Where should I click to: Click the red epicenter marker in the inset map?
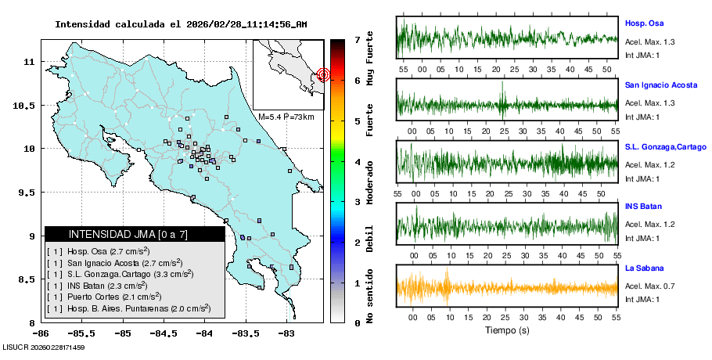324,74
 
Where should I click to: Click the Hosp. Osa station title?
644,23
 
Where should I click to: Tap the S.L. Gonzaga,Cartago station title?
664,146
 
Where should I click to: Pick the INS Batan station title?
644,207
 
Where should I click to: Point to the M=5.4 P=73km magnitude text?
286,117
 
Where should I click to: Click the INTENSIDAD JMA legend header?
135,234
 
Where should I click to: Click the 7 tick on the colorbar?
356,39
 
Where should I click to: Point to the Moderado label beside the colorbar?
369,182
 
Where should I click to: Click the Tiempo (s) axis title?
507,330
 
